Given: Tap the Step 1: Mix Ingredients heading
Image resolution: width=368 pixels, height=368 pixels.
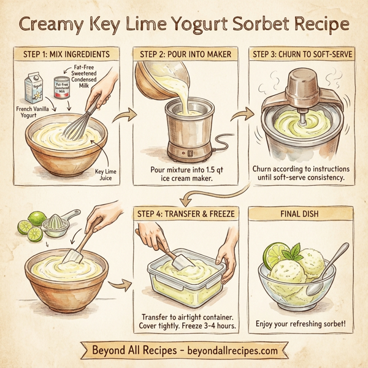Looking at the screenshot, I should [66, 54].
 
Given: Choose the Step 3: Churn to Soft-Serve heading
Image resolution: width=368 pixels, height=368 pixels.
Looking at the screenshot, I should [301, 54].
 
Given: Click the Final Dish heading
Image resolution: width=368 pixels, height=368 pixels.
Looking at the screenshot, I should [300, 213].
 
